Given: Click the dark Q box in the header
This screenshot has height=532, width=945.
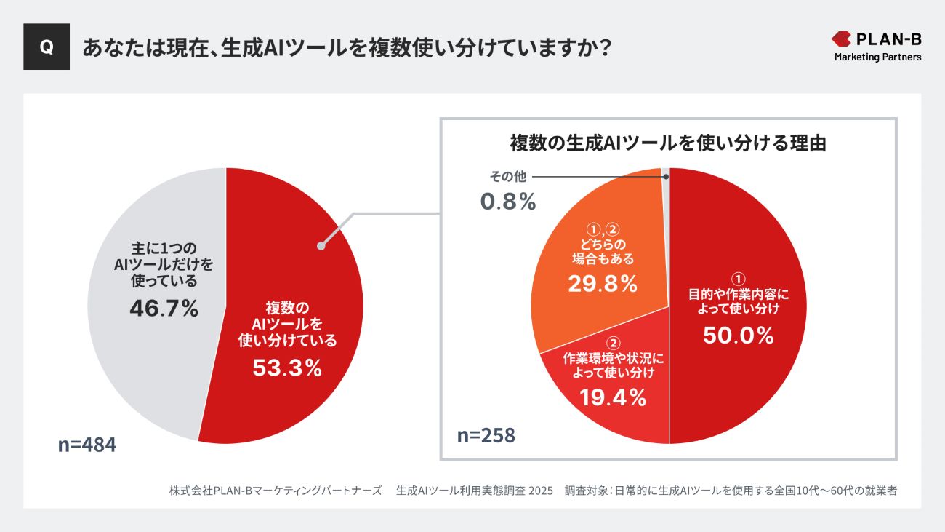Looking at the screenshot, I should [x=47, y=47].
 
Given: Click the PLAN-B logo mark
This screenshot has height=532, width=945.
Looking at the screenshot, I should [x=842, y=39].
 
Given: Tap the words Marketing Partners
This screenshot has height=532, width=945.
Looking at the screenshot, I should [x=877, y=57].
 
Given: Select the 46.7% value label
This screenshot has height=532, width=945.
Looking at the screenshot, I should [x=164, y=309].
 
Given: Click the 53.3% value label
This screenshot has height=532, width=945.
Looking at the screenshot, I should [x=287, y=368].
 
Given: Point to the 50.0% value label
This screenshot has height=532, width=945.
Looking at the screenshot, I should [x=738, y=336].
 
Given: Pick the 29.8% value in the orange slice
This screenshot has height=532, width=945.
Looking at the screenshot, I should [x=603, y=284].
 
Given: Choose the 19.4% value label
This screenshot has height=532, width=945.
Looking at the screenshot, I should [x=613, y=397].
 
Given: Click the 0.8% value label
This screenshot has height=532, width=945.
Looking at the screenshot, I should [x=508, y=202].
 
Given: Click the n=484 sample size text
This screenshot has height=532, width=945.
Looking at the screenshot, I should [x=87, y=445].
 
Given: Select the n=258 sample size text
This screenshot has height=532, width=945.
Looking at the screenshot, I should [x=486, y=435].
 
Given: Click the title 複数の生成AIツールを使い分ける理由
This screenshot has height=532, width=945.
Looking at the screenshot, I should [x=668, y=143].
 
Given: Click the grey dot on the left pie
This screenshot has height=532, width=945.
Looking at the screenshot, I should [x=321, y=247].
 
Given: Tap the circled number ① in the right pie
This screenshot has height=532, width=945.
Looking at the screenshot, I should [x=738, y=279].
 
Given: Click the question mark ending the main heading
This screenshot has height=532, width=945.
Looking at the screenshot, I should [x=602, y=47].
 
